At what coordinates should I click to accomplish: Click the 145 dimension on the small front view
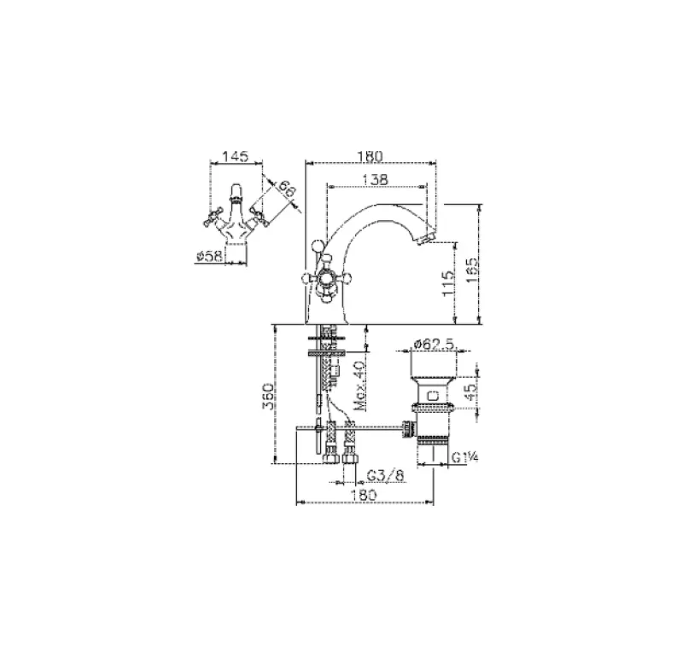235,157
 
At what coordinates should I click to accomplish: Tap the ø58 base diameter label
209,254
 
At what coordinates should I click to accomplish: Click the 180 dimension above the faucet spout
369,156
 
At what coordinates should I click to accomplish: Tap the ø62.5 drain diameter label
433,343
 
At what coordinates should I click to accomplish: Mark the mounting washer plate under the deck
326,347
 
